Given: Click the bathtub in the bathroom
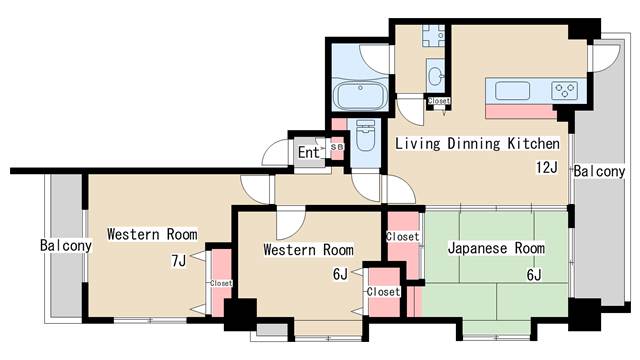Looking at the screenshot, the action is click(360, 94).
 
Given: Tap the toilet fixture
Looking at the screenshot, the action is click(365, 135).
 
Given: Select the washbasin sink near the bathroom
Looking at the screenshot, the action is click(435, 76).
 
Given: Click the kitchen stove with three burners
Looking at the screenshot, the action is click(564, 90).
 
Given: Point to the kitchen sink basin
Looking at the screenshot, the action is click(512, 90).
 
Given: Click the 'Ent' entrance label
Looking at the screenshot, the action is click(308, 153).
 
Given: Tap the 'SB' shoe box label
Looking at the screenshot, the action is click(337, 146).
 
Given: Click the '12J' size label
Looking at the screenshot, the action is click(547, 167).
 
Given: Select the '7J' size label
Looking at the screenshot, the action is click(179, 260).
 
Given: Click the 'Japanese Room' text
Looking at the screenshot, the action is click(496, 248).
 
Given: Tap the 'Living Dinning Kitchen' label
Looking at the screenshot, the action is click(477, 143).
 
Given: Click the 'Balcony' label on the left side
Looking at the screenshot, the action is click(66, 245).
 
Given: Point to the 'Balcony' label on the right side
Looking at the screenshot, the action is click(599, 171).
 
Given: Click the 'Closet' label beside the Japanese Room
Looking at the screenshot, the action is click(402, 236).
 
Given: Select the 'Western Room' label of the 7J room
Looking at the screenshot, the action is click(152, 234).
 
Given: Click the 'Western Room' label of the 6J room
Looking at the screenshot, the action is click(309, 249).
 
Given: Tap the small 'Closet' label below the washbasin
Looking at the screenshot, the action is click(439, 100).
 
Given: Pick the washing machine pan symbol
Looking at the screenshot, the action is click(433, 36).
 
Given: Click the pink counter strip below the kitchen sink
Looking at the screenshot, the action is click(521, 111).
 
